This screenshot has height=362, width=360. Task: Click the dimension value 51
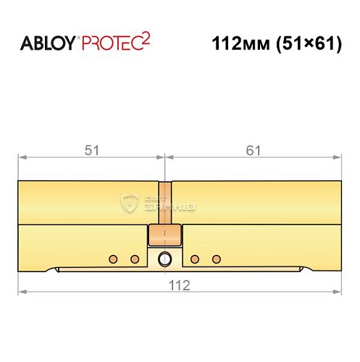click(x=91, y=150)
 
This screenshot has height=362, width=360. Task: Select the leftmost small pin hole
click(x=112, y=258)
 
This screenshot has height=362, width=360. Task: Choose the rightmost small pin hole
click(x=215, y=258)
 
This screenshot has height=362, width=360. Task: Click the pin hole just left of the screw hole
click(x=134, y=258)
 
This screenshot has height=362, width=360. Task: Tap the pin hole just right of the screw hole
click(x=193, y=258)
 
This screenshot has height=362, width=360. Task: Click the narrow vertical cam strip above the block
click(x=166, y=203)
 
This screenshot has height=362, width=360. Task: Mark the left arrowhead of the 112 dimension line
click(x=22, y=292)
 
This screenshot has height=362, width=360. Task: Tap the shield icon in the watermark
click(x=132, y=204)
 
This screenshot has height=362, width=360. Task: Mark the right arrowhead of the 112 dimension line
click(x=337, y=292)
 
